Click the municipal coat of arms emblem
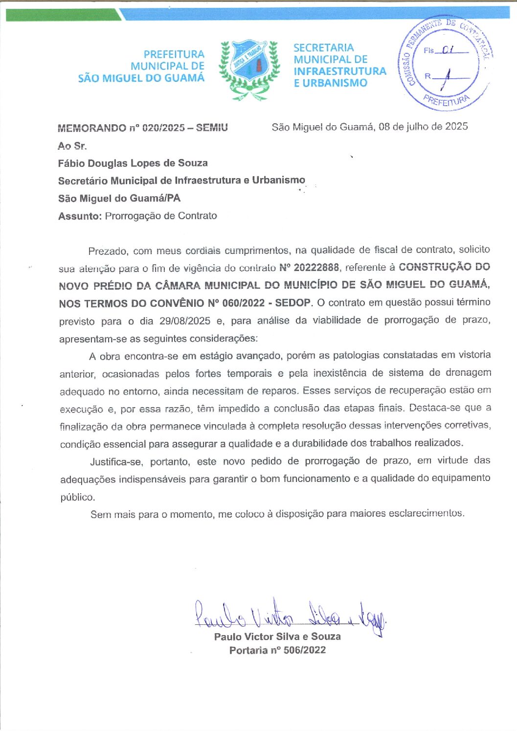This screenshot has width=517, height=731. [249, 69]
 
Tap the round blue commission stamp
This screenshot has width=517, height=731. [445, 64]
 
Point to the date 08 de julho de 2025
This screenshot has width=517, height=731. [423, 127]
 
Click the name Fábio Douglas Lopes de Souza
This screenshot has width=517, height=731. [133, 163]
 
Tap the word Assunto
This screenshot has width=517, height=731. [80, 216]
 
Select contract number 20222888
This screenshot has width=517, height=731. [316, 267]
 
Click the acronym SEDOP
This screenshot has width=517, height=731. [292, 302]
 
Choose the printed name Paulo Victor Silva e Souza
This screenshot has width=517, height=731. [277, 637]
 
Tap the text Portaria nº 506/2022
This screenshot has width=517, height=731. [277, 650]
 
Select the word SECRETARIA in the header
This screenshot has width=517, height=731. [323, 47]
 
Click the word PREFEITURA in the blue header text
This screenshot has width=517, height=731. [174, 54]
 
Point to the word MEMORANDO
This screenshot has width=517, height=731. [91, 128]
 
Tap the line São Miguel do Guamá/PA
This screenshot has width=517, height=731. [119, 198]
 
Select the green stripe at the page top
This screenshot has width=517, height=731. [64, 15]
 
